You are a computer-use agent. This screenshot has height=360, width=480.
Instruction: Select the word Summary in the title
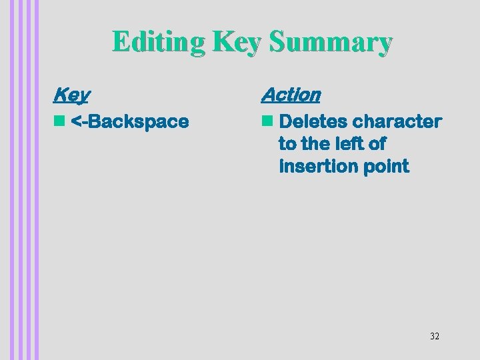(331, 42)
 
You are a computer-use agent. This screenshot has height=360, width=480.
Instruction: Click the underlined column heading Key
(71, 95)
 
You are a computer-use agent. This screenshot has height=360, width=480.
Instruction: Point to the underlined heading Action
(291, 95)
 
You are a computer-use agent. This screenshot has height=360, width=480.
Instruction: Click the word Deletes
(313, 122)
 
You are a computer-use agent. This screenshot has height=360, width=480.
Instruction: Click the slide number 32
(435, 336)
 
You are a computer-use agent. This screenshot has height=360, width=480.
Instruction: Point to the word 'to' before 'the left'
(287, 144)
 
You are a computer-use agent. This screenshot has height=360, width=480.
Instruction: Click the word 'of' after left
(377, 144)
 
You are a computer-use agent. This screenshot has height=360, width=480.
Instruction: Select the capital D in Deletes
(286, 122)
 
